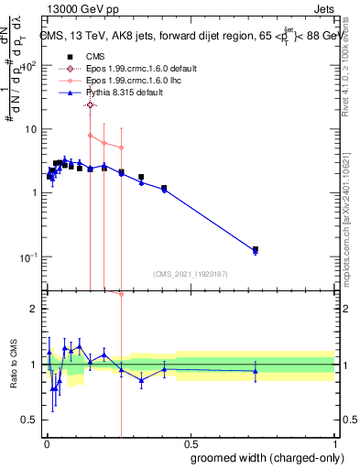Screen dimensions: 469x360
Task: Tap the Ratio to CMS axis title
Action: point(13,365)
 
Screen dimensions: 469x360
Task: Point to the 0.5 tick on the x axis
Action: point(190,441)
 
